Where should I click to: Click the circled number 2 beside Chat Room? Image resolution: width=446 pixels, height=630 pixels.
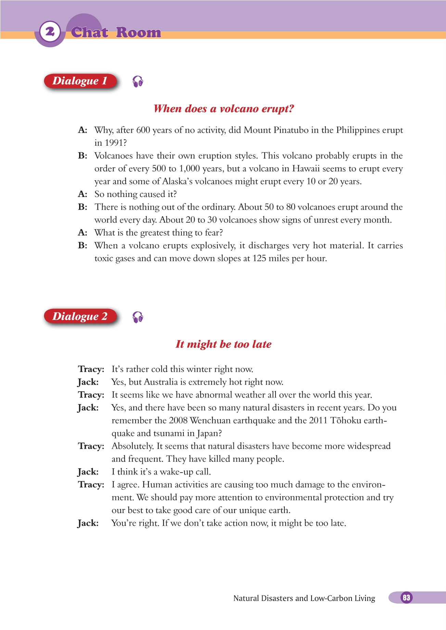(50, 32)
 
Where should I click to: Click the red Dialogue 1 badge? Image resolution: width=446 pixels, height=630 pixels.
(80, 81)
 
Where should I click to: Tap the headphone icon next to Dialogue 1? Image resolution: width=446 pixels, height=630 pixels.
(138, 81)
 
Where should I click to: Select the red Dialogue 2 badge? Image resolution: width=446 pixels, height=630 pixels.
(80, 317)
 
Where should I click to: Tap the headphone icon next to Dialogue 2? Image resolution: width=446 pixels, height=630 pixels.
(138, 317)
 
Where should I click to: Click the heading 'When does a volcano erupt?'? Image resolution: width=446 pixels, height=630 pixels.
(224, 109)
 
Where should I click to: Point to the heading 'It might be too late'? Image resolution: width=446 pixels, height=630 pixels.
(224, 344)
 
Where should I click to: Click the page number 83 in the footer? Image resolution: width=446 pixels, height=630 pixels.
(406, 598)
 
